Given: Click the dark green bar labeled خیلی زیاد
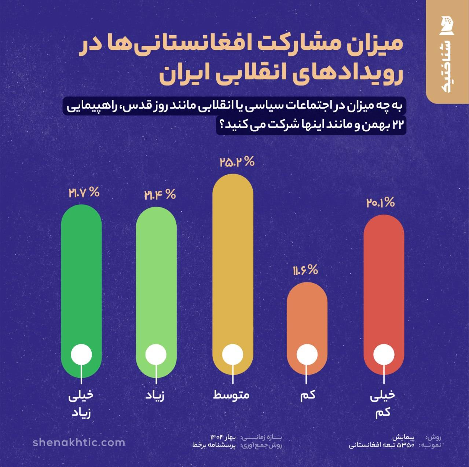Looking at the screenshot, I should coord(81,279).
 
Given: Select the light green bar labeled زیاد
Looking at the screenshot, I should coord(156,279).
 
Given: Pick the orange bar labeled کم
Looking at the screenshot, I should coord(307,312).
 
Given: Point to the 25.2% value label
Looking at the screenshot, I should coord(237,162).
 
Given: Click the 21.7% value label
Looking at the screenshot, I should coord(84,193).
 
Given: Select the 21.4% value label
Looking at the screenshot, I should coord(160,195).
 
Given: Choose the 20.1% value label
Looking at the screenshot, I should coord(380,203).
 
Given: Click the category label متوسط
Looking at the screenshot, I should coord(231,395).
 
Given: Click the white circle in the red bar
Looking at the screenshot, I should coord(384,355).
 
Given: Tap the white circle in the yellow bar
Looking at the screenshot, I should coord(232,355).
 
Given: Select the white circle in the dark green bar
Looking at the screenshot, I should coord(81,355).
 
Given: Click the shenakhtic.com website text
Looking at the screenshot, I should coord(79,442).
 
